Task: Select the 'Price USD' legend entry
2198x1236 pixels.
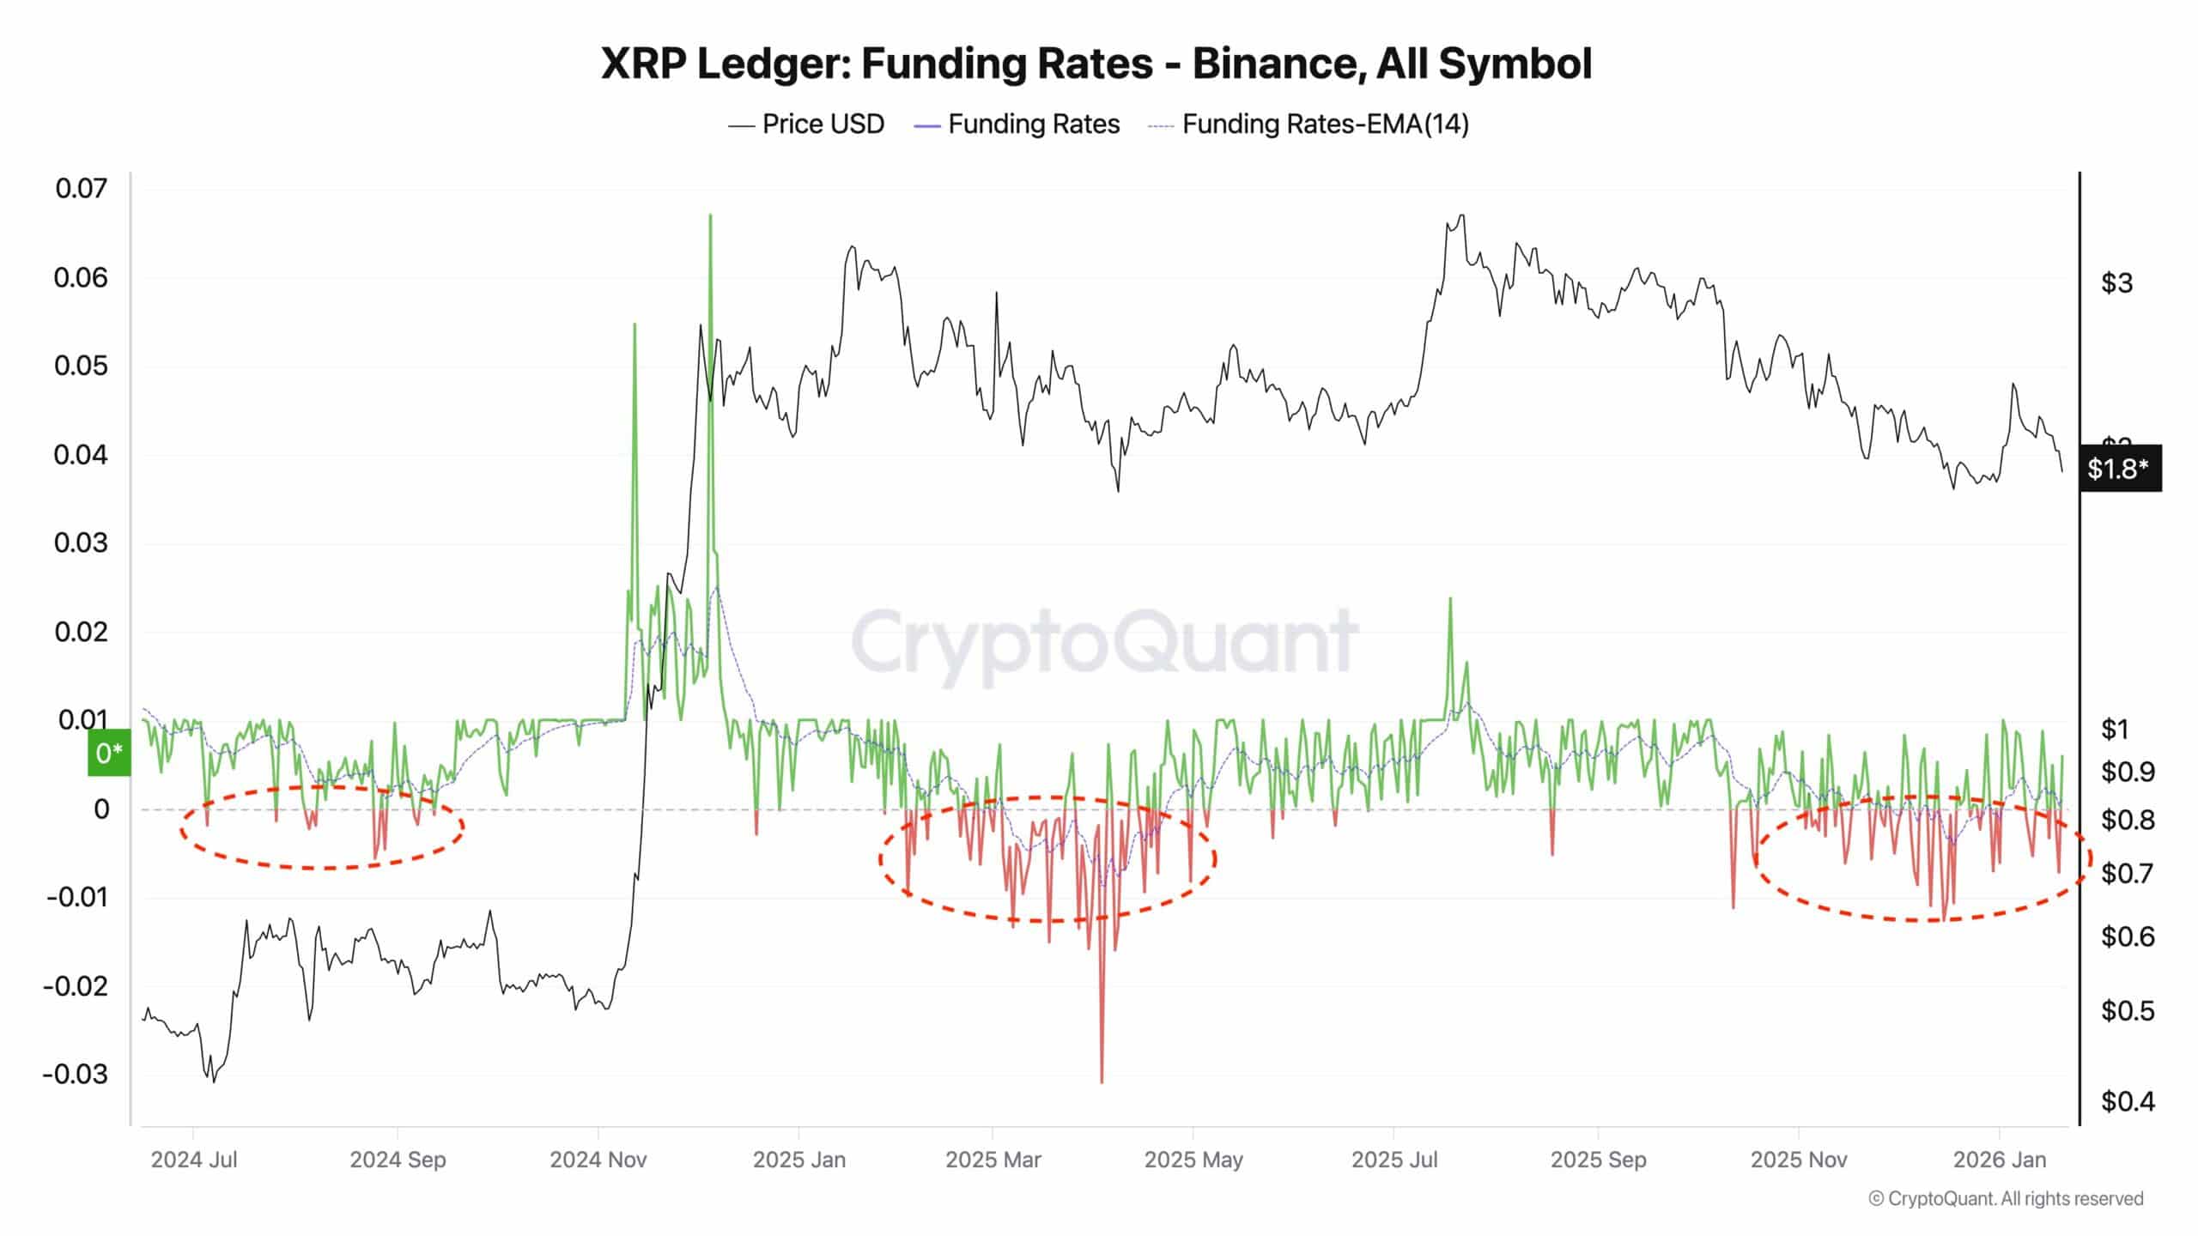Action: (823, 124)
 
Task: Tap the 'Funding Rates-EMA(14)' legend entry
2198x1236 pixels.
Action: (1325, 124)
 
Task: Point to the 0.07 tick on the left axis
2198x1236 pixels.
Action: (82, 188)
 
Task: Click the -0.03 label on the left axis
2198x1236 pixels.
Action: (76, 1074)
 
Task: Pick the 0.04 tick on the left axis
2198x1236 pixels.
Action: (82, 454)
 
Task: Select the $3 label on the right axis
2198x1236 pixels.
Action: (2116, 282)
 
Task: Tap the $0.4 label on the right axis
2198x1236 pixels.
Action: (2127, 1100)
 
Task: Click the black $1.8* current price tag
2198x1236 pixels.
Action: (2118, 468)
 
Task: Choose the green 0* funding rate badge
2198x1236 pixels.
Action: (109, 753)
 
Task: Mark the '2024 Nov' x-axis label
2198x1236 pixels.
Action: (598, 1160)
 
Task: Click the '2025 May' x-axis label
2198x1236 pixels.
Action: (1193, 1160)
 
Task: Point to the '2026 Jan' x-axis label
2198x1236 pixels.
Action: (1999, 1160)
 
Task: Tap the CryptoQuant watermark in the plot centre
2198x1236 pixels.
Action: (1104, 641)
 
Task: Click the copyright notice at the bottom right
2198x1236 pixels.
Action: (2006, 1198)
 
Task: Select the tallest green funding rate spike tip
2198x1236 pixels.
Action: (710, 215)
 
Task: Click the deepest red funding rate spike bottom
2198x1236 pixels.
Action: (1102, 1081)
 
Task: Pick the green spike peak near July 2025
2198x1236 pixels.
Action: (1450, 599)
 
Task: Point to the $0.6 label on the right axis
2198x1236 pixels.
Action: (2127, 936)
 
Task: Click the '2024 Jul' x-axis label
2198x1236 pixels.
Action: (194, 1160)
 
